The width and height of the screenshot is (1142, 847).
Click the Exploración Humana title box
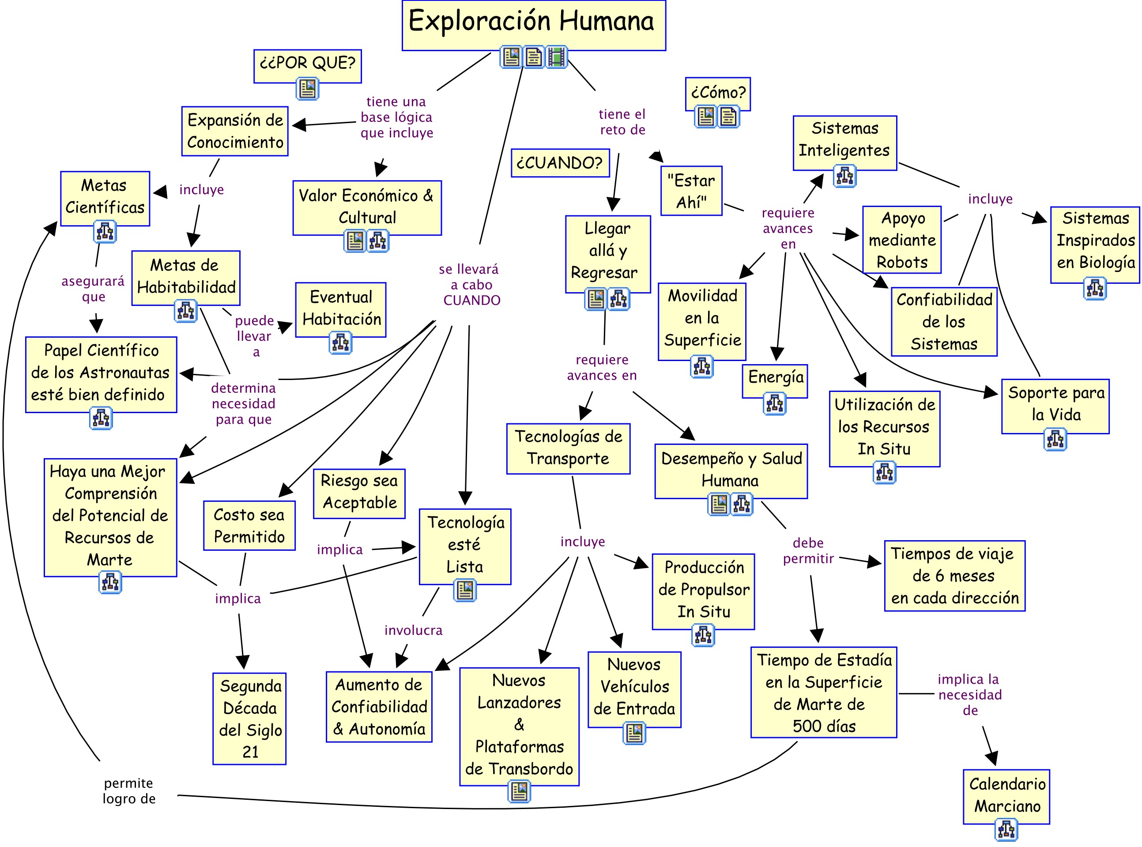pyautogui.click(x=533, y=25)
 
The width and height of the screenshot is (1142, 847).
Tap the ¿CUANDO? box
pyautogui.click(x=561, y=163)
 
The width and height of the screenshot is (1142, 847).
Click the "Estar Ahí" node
pyautogui.click(x=691, y=191)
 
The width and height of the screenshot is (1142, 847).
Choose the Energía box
pyautogui.click(x=775, y=381)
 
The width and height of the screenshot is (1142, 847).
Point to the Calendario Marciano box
pyautogui.click(x=1006, y=796)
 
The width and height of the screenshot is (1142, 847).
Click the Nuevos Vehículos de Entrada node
pyautogui.click(x=634, y=689)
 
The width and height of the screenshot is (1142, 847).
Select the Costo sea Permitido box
pyautogui.click(x=249, y=526)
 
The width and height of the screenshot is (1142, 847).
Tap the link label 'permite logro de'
pyautogui.click(x=129, y=791)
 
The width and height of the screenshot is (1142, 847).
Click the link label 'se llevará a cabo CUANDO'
pyautogui.click(x=469, y=285)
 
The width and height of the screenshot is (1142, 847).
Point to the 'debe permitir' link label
pyautogui.click(x=808, y=550)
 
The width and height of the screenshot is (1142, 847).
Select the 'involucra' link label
pyautogui.click(x=413, y=630)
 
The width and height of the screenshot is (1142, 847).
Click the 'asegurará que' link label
pyautogui.click(x=93, y=289)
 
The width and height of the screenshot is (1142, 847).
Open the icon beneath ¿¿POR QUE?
pyautogui.click(x=307, y=89)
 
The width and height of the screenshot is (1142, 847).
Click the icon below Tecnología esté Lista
pyautogui.click(x=465, y=590)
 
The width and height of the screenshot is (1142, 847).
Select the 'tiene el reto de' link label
pyautogui.click(x=622, y=122)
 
